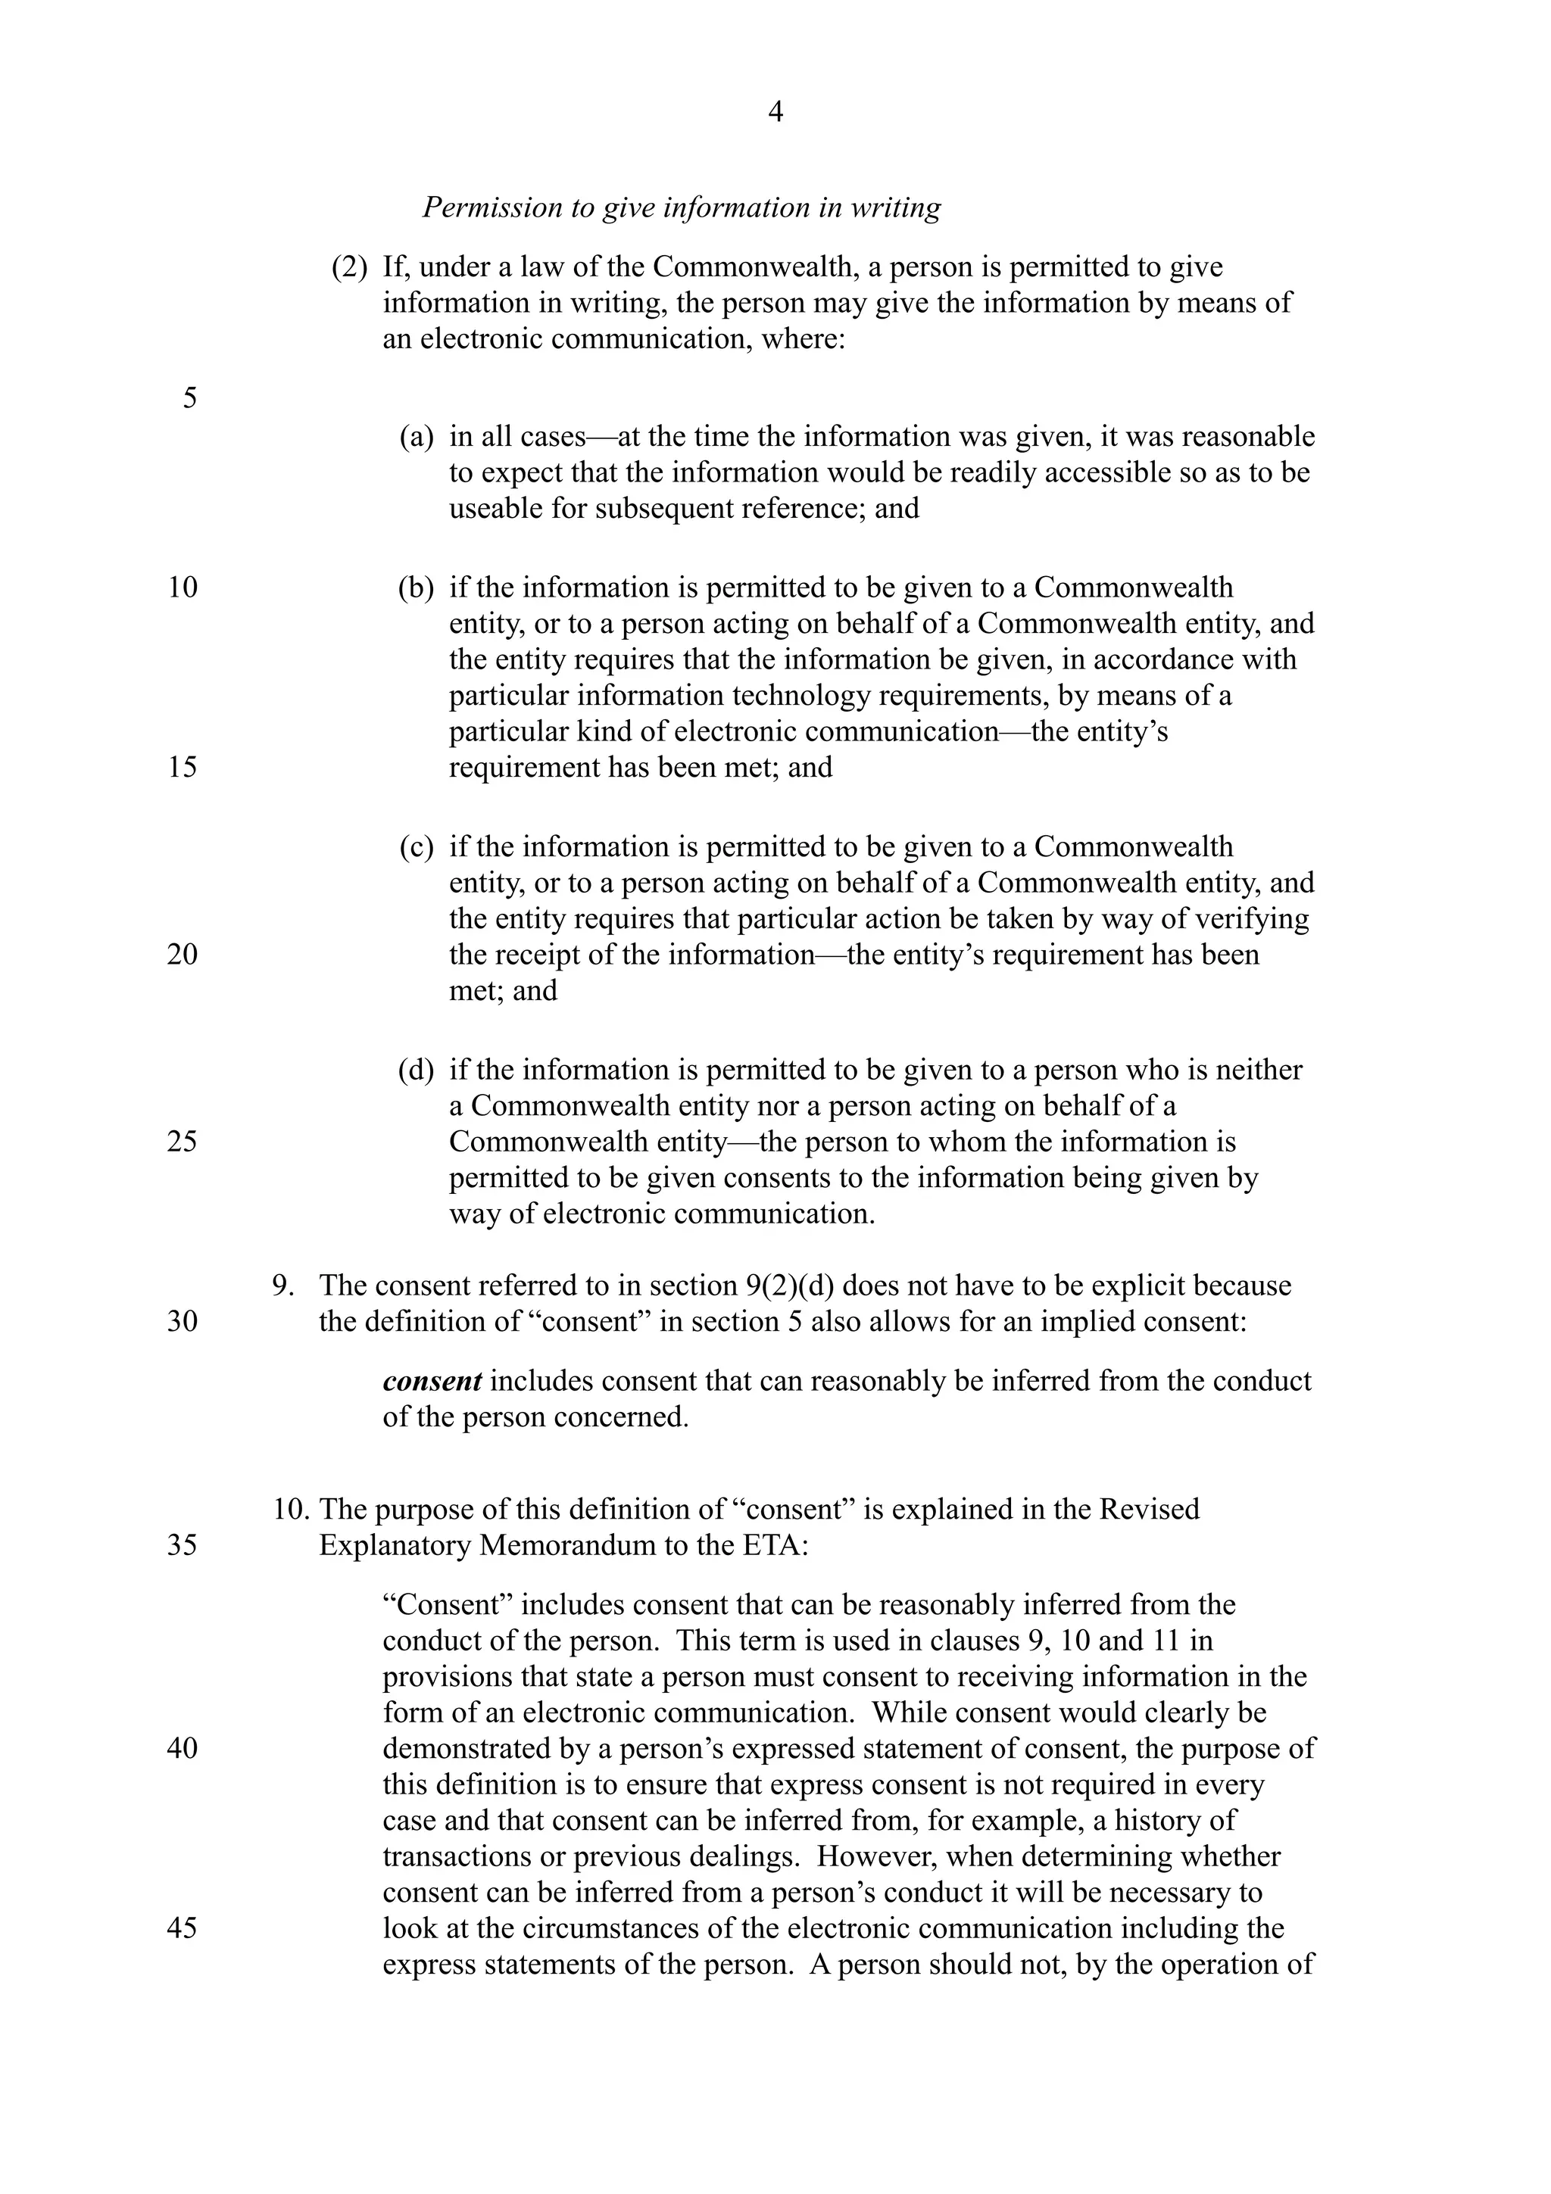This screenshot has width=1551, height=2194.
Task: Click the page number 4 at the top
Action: coord(775,113)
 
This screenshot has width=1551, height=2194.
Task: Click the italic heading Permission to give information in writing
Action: coord(682,207)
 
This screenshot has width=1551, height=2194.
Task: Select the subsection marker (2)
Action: coord(349,266)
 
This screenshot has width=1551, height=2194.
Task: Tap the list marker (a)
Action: coord(416,437)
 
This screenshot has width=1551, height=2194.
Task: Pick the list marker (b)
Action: coord(416,587)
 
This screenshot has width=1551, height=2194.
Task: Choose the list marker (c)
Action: coord(416,846)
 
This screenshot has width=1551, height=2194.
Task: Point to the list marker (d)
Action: coord(416,1071)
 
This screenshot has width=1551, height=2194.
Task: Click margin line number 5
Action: coord(189,397)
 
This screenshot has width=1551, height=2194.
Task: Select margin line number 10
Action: coord(183,587)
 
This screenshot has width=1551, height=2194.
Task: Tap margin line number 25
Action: coord(183,1142)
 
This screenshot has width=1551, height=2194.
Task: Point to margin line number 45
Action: coord(183,1928)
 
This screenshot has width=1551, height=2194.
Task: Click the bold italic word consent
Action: coord(432,1382)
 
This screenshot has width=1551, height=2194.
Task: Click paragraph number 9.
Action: coord(283,1286)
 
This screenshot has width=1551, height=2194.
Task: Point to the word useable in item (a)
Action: coord(496,508)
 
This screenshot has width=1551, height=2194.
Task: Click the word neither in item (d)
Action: coord(1259,1071)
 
